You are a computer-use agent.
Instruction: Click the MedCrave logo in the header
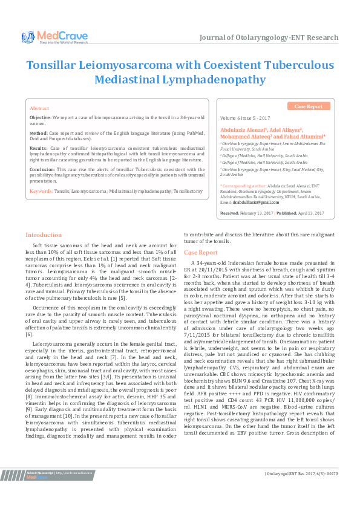click(x=54, y=37)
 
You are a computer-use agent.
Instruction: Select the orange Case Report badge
click(x=309, y=106)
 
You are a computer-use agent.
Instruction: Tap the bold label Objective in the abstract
click(x=41, y=116)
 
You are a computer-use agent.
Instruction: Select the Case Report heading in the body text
click(x=201, y=252)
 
